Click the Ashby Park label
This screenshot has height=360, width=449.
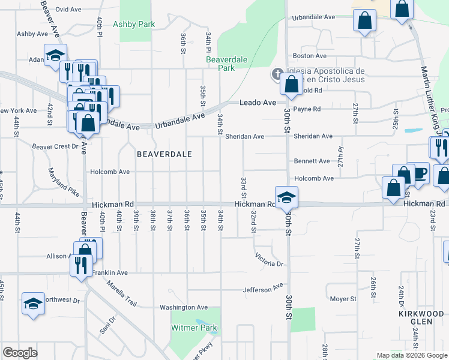coord(134,24)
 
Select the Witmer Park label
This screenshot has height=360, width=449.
coord(194,328)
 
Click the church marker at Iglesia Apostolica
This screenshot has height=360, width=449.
coord(277,75)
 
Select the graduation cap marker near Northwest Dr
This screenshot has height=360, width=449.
coord(33,304)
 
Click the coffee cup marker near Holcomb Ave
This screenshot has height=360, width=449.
coord(418,172)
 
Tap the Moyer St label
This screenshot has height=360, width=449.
coord(343,298)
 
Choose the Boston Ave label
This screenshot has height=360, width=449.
coord(313,56)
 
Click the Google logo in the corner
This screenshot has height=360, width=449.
coord(20,353)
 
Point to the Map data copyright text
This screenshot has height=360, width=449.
coord(411,355)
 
